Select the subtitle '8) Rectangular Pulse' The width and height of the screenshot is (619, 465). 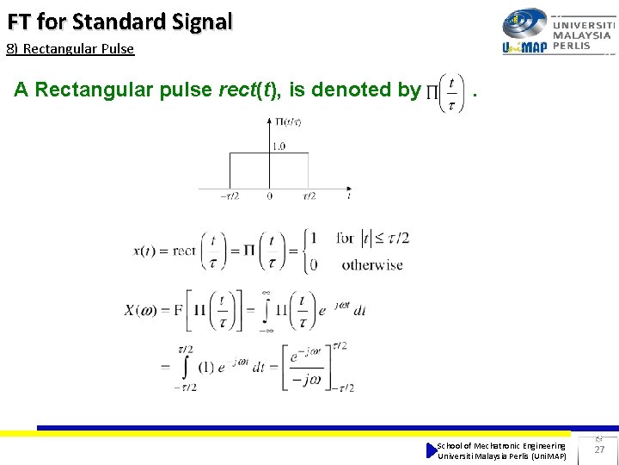[70, 49]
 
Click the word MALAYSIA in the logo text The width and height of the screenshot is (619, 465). [583, 36]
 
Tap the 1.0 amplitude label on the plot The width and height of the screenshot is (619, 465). [279, 146]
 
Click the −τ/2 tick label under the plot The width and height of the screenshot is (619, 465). [230, 196]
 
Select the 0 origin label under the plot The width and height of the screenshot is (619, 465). [270, 196]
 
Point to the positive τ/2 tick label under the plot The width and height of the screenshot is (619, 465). [309, 196]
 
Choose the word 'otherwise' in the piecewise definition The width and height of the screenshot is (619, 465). [372, 264]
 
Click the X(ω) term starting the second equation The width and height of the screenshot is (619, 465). [141, 310]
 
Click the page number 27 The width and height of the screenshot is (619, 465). [600, 449]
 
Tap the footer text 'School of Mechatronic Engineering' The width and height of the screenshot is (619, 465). [501, 445]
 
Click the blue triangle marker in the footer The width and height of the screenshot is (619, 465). [432, 450]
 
